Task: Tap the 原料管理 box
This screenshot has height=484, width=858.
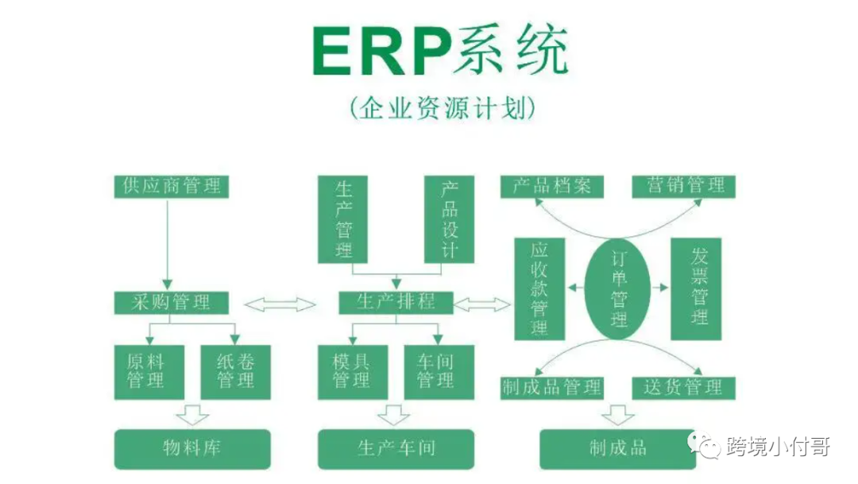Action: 149,371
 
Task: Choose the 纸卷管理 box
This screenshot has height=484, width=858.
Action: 234,371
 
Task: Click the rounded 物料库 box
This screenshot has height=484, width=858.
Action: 192,449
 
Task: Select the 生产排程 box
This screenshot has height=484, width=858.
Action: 396,302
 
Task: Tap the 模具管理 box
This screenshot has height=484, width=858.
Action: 350,371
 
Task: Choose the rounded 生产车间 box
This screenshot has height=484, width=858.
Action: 396,449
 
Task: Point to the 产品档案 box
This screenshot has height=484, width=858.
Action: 551,186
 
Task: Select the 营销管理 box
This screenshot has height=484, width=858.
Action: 683,186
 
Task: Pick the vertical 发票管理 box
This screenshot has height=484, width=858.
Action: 700,288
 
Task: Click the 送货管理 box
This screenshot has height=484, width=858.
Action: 683,387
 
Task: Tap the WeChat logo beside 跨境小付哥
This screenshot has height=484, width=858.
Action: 708,447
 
